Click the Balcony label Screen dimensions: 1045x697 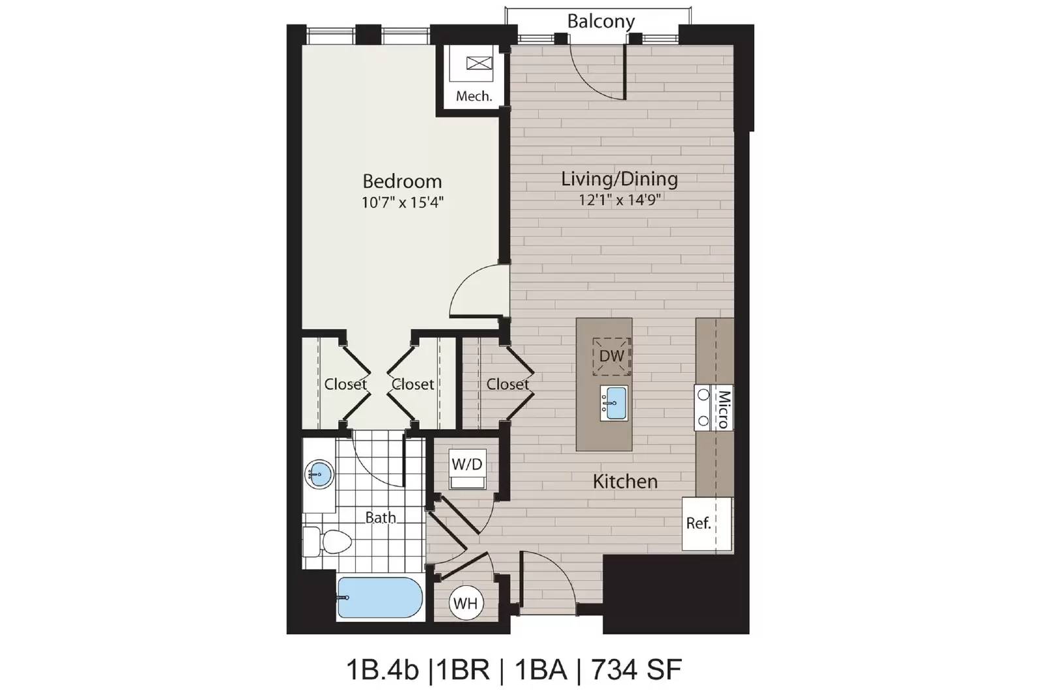point(601,22)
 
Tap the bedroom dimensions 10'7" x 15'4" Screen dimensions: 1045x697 point(402,203)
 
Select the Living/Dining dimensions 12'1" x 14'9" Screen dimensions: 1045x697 point(620,200)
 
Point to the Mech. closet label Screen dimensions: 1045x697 point(474,96)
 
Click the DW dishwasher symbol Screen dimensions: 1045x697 point(611,357)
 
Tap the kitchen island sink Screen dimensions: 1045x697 point(614,402)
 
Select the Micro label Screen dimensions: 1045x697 point(724,409)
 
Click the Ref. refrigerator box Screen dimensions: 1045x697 point(707,523)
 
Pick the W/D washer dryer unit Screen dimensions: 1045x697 point(467,468)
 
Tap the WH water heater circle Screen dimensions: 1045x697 point(466,603)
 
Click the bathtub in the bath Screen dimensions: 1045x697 point(380,598)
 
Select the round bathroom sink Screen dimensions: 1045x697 point(319,475)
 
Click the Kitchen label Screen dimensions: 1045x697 point(625,481)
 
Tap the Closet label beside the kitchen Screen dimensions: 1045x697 point(507,384)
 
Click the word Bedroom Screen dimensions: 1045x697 point(402,181)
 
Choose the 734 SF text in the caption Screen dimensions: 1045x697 point(637,670)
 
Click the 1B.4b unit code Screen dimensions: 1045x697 point(383,670)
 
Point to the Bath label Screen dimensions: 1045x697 point(380,517)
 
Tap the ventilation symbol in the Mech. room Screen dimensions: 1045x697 point(479,63)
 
